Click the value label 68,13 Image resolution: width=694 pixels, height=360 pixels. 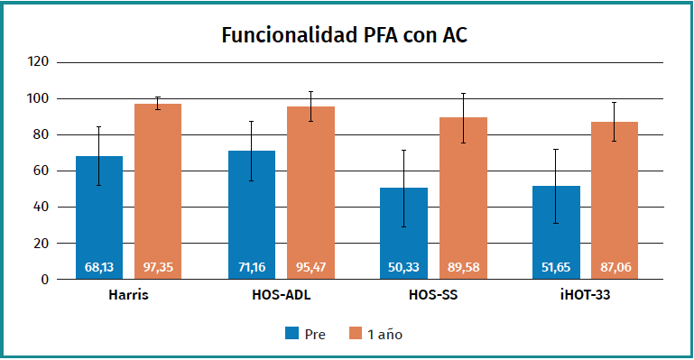(x=99, y=267)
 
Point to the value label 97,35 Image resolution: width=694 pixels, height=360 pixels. (x=158, y=267)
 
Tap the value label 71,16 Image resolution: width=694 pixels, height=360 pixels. (x=251, y=267)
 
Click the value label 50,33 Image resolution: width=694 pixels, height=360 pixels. (x=403, y=267)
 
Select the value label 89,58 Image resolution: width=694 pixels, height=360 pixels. (x=463, y=267)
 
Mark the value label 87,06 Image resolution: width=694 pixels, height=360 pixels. (x=615, y=267)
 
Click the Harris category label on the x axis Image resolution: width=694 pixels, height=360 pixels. (x=128, y=295)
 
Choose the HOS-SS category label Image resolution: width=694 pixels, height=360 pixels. (x=432, y=295)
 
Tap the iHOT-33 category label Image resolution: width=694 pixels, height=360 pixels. (x=585, y=295)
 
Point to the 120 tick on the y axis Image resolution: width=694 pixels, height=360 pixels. (x=37, y=62)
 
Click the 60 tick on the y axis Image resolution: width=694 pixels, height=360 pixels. (x=40, y=171)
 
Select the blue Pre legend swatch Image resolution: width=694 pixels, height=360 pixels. (x=291, y=334)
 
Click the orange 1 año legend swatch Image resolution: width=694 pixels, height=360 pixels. (x=354, y=334)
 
